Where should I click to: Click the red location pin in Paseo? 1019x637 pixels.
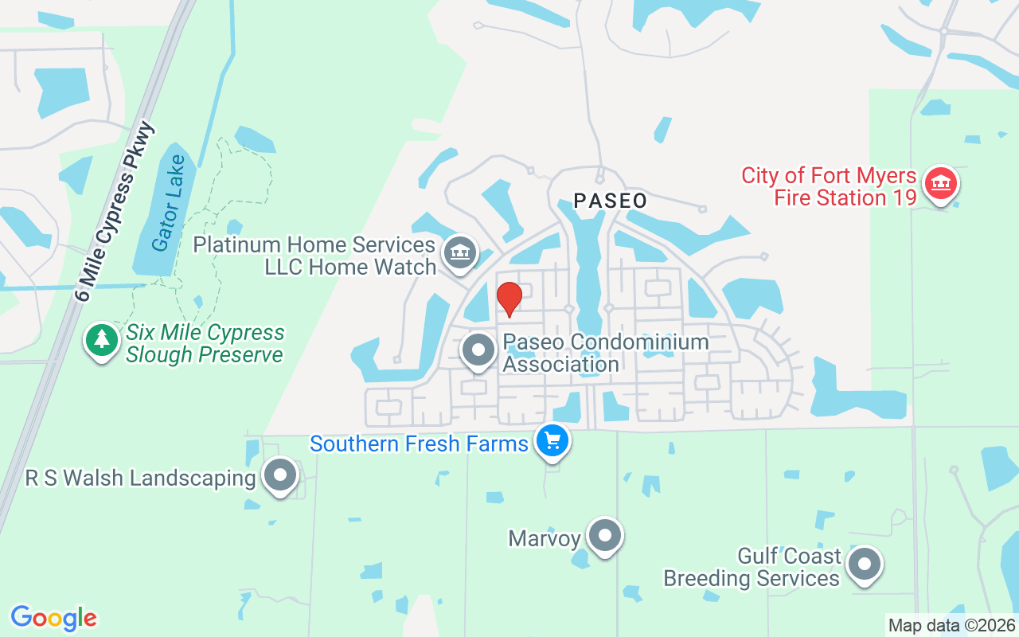coord(509,299)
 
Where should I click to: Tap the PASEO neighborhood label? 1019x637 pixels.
coord(611,201)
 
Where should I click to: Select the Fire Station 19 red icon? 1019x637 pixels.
coord(941,185)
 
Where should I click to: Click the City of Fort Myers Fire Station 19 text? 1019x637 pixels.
coord(829,186)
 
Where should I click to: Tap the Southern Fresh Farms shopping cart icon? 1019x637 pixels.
coord(552,440)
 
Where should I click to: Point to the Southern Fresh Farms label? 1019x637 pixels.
coord(419,444)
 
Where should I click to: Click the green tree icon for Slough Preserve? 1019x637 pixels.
coord(102,340)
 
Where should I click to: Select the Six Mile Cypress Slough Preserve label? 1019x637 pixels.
coord(205,343)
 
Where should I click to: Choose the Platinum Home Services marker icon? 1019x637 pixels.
coord(459,253)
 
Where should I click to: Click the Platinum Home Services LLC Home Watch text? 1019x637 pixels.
coord(314,256)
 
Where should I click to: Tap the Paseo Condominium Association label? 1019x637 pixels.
coord(605,353)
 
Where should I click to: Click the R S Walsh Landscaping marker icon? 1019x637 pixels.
coord(279,476)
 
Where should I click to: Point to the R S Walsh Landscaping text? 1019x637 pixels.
coord(140,479)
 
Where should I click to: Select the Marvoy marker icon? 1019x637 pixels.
coord(605,536)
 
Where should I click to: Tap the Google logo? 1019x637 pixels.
coord(53,618)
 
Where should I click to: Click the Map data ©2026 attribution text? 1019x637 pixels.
coord(951,625)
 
